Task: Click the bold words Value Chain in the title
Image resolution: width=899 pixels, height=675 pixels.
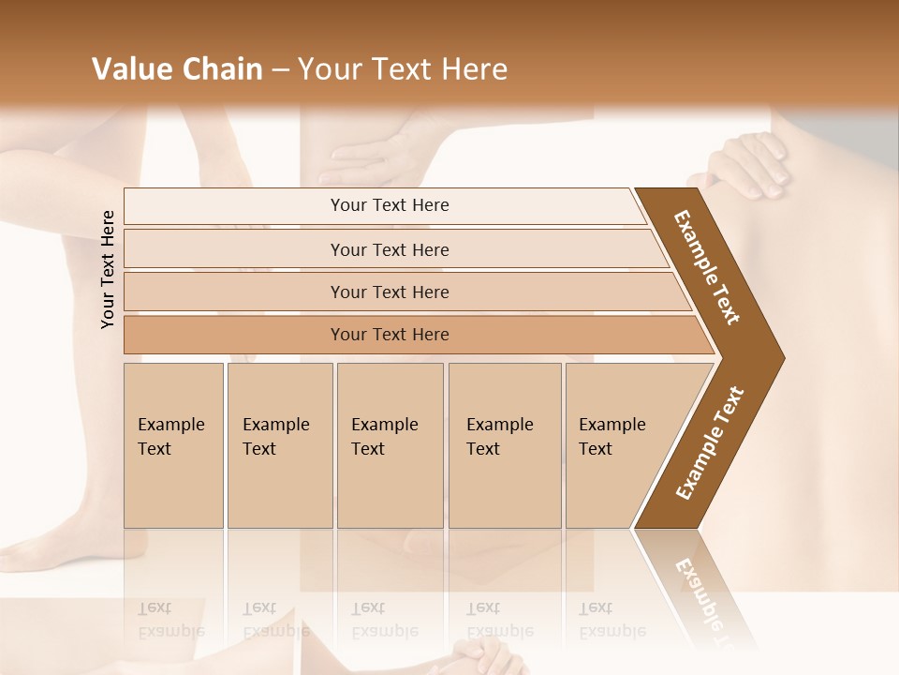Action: tap(177, 69)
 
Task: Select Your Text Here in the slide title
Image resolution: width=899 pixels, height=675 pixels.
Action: tap(403, 69)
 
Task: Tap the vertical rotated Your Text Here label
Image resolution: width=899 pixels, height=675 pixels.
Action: tap(108, 269)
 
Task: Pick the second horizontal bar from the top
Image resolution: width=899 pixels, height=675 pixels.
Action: tap(390, 249)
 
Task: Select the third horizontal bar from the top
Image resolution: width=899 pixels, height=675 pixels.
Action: tap(390, 292)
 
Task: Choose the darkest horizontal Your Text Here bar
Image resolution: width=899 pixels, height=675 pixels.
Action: tap(390, 335)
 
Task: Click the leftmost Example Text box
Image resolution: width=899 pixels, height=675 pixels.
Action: tap(173, 445)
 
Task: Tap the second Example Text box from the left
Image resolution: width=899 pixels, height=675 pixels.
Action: tap(279, 445)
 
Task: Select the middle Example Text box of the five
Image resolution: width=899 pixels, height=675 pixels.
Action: tap(390, 445)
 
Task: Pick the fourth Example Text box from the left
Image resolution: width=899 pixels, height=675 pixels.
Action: tap(504, 445)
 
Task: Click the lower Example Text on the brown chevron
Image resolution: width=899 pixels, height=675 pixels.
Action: tap(710, 442)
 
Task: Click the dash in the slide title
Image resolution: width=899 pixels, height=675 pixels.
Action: tap(280, 70)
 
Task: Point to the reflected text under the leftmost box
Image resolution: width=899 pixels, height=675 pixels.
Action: tap(171, 620)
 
